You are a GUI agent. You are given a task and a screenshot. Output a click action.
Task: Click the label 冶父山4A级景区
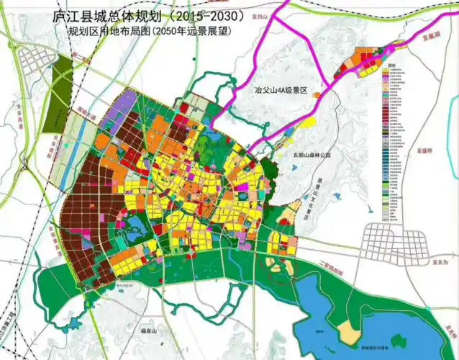[x=281, y=91]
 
